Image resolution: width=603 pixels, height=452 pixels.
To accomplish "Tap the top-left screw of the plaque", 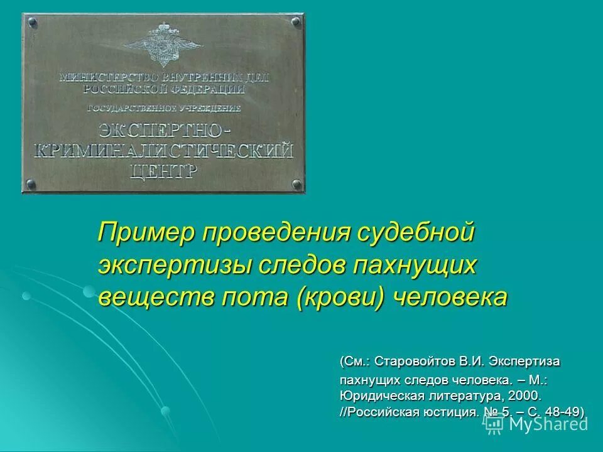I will click(32, 23).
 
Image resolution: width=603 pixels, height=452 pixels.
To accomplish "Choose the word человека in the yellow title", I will click(449, 296).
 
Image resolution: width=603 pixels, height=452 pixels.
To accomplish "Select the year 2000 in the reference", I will click(522, 397).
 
